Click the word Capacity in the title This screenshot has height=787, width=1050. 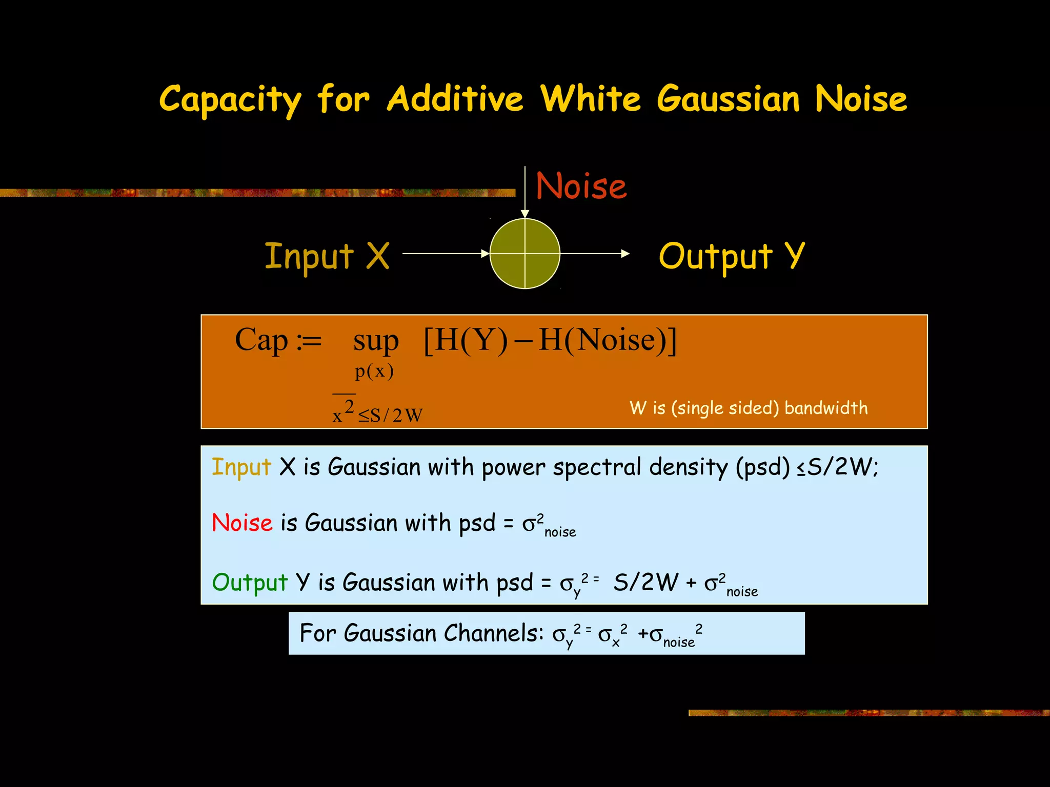[x=230, y=99]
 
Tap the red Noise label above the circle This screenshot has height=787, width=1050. [x=581, y=186]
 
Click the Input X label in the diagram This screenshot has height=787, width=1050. [x=327, y=256]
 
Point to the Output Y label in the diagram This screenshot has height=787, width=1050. [x=732, y=256]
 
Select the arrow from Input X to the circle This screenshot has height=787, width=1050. [x=446, y=253]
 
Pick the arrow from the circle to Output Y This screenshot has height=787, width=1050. [x=594, y=253]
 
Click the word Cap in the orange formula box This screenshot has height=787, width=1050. [x=261, y=340]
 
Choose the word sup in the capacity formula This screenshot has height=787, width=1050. [x=376, y=341]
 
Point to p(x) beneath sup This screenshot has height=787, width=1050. [x=374, y=370]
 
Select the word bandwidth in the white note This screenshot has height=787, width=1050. [x=825, y=408]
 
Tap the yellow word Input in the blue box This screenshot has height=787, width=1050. [x=241, y=467]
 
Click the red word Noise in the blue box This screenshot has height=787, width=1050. [x=242, y=523]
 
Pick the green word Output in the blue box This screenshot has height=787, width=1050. [x=250, y=583]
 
